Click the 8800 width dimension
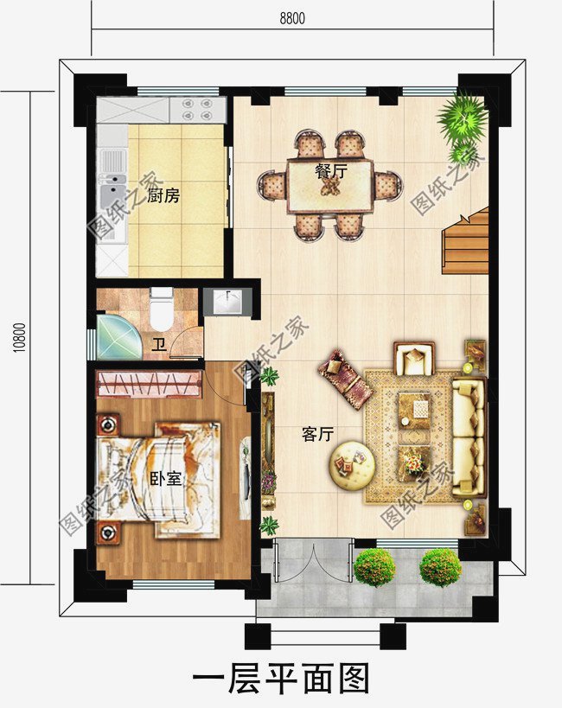(292, 18)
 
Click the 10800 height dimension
(19, 337)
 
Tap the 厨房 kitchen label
(163, 195)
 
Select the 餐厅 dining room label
(331, 171)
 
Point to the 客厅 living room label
(317, 434)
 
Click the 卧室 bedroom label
(166, 479)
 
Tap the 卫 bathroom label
(159, 346)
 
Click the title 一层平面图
(281, 678)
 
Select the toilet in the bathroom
(162, 309)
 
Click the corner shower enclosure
(118, 336)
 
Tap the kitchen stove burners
(197, 109)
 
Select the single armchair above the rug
(414, 359)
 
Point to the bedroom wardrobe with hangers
(150, 384)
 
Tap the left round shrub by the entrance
(374, 567)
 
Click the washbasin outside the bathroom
(227, 301)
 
